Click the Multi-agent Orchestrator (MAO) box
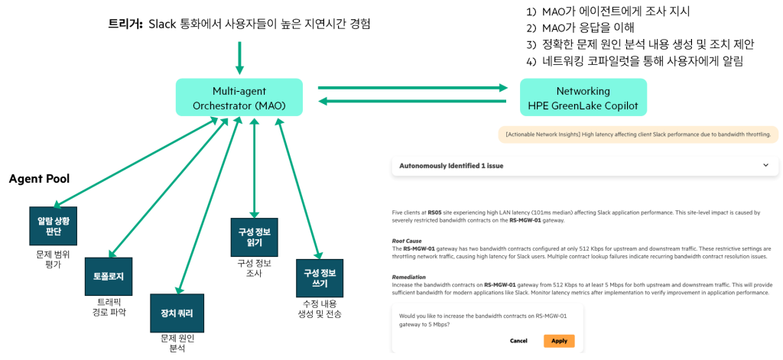pos(238,97)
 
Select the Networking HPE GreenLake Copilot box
pos(583,97)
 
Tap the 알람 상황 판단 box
pos(53,226)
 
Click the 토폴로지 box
pos(108,276)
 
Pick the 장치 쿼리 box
pos(177,312)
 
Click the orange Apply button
pos(559,341)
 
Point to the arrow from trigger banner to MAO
pos(240,57)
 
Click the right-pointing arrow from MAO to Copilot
pos(413,88)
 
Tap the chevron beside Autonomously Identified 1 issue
pos(765,165)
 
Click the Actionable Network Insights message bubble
pos(638,135)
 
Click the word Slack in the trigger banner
pos(162,24)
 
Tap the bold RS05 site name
pos(435,212)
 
